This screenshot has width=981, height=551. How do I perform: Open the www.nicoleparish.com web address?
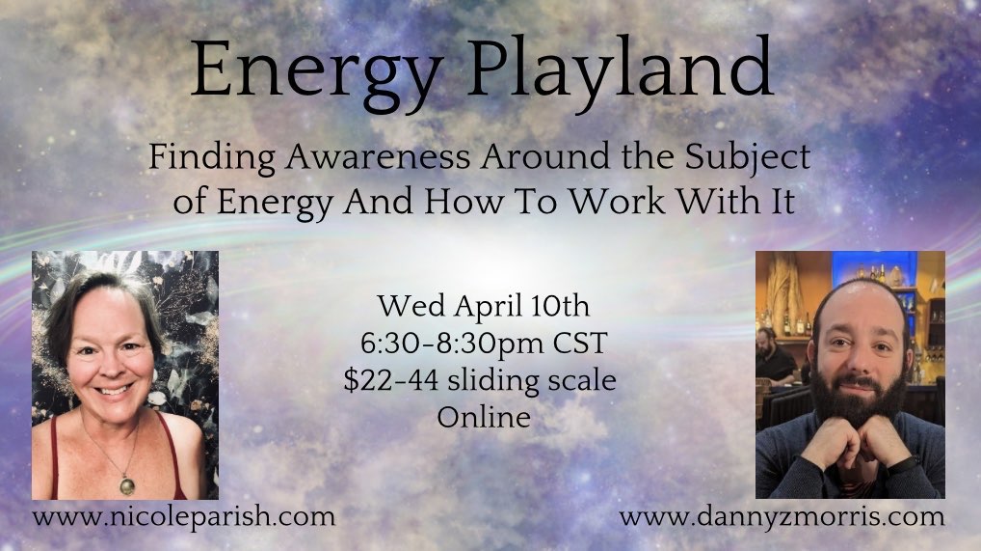point(184,516)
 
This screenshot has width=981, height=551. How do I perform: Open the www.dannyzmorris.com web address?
point(782,516)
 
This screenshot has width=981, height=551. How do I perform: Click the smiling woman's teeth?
point(115,391)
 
